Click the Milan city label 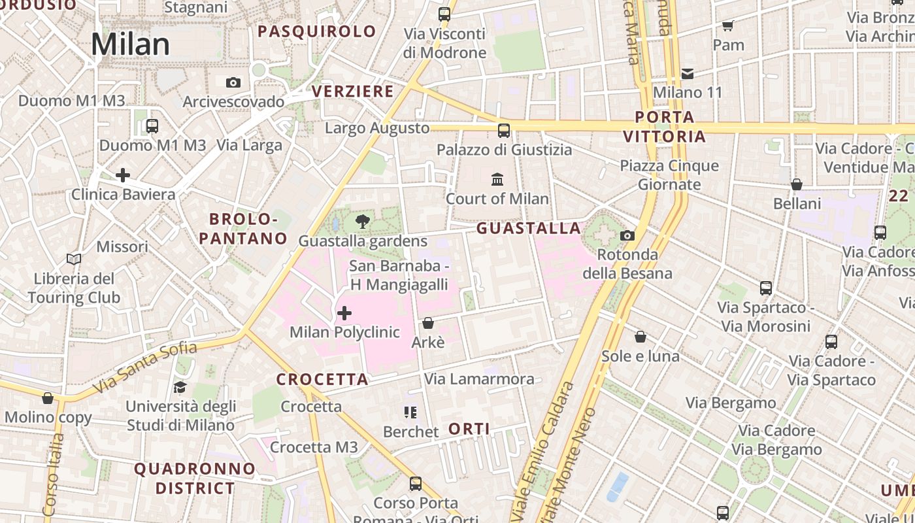[x=130, y=44]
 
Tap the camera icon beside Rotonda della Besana [x=627, y=235]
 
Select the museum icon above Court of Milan [x=497, y=179]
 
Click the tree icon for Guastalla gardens [x=362, y=222]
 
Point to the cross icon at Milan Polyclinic [x=344, y=314]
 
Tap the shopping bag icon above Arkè [x=428, y=323]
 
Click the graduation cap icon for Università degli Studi [x=180, y=388]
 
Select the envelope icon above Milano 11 [x=688, y=73]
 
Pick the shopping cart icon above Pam [x=728, y=26]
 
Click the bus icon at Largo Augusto [x=503, y=130]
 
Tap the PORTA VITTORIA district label [x=665, y=127]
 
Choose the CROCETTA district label [x=322, y=380]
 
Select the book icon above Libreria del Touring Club [x=74, y=260]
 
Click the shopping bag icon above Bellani [x=796, y=185]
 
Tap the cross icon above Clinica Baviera [x=122, y=175]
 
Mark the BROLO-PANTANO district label [x=243, y=229]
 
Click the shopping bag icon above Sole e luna [x=640, y=337]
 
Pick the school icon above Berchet [x=410, y=413]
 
